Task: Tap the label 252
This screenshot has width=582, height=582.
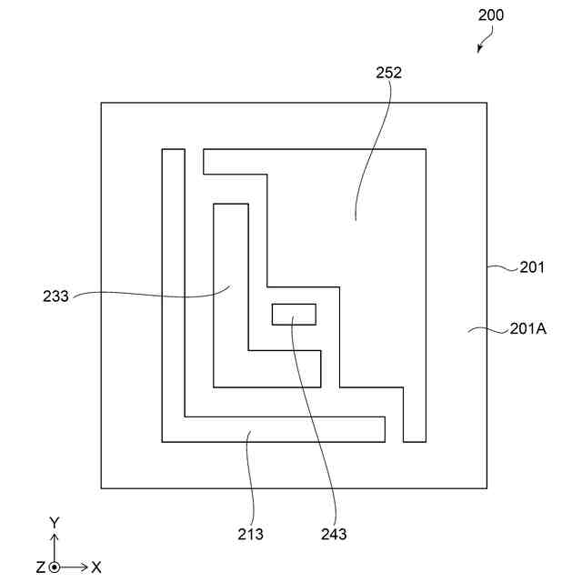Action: (387, 72)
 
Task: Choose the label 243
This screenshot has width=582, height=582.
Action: (333, 534)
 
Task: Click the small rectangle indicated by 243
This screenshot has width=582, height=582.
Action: (294, 314)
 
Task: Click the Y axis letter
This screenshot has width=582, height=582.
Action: (54, 522)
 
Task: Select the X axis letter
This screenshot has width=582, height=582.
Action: (96, 567)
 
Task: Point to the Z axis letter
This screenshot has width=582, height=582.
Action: (40, 567)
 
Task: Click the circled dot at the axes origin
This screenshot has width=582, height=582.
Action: (54, 567)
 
